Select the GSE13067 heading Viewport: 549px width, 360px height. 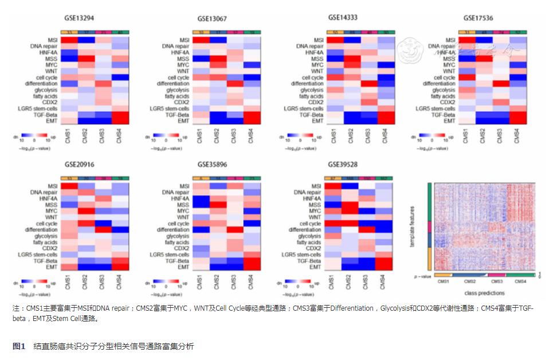coord(212,19)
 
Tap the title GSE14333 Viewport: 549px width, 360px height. coord(343,18)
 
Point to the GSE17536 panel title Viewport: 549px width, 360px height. coord(479,18)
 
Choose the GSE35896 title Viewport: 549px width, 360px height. coord(212,164)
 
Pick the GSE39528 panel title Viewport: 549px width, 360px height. coord(343,164)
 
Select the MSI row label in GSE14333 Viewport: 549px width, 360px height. coord(317,40)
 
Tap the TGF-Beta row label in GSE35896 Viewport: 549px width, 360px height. coord(179,261)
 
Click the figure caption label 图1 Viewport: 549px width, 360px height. coord(19,346)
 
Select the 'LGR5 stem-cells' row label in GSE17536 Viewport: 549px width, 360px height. coord(436,108)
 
